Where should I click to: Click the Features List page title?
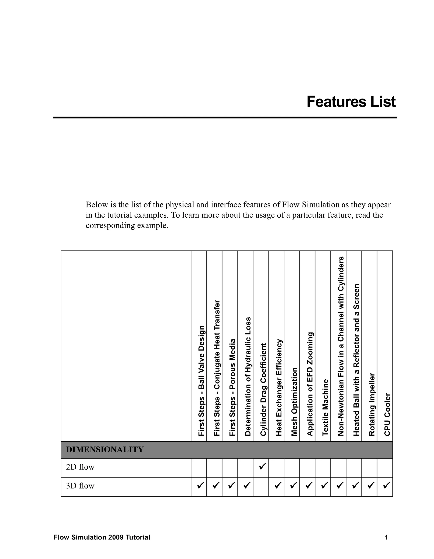click(351, 102)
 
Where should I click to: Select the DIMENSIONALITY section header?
click(105, 449)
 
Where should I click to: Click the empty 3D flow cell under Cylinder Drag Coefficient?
click(261, 486)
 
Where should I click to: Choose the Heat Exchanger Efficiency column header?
click(279, 387)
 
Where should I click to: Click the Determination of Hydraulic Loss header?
click(248, 376)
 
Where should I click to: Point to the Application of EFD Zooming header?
click(310, 384)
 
